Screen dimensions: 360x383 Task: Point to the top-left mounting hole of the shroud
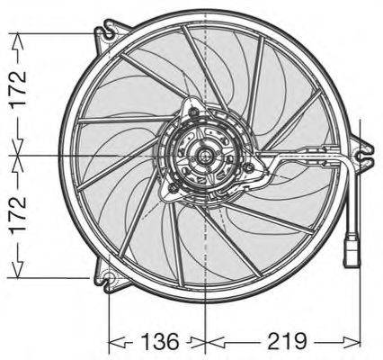109,34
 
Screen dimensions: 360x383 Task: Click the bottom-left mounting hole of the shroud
109,275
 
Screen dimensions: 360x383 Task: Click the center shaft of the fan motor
206,156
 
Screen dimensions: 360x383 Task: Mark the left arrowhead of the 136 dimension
114,342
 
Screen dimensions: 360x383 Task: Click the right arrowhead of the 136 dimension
200,342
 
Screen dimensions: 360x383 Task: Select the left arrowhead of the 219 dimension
212,342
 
